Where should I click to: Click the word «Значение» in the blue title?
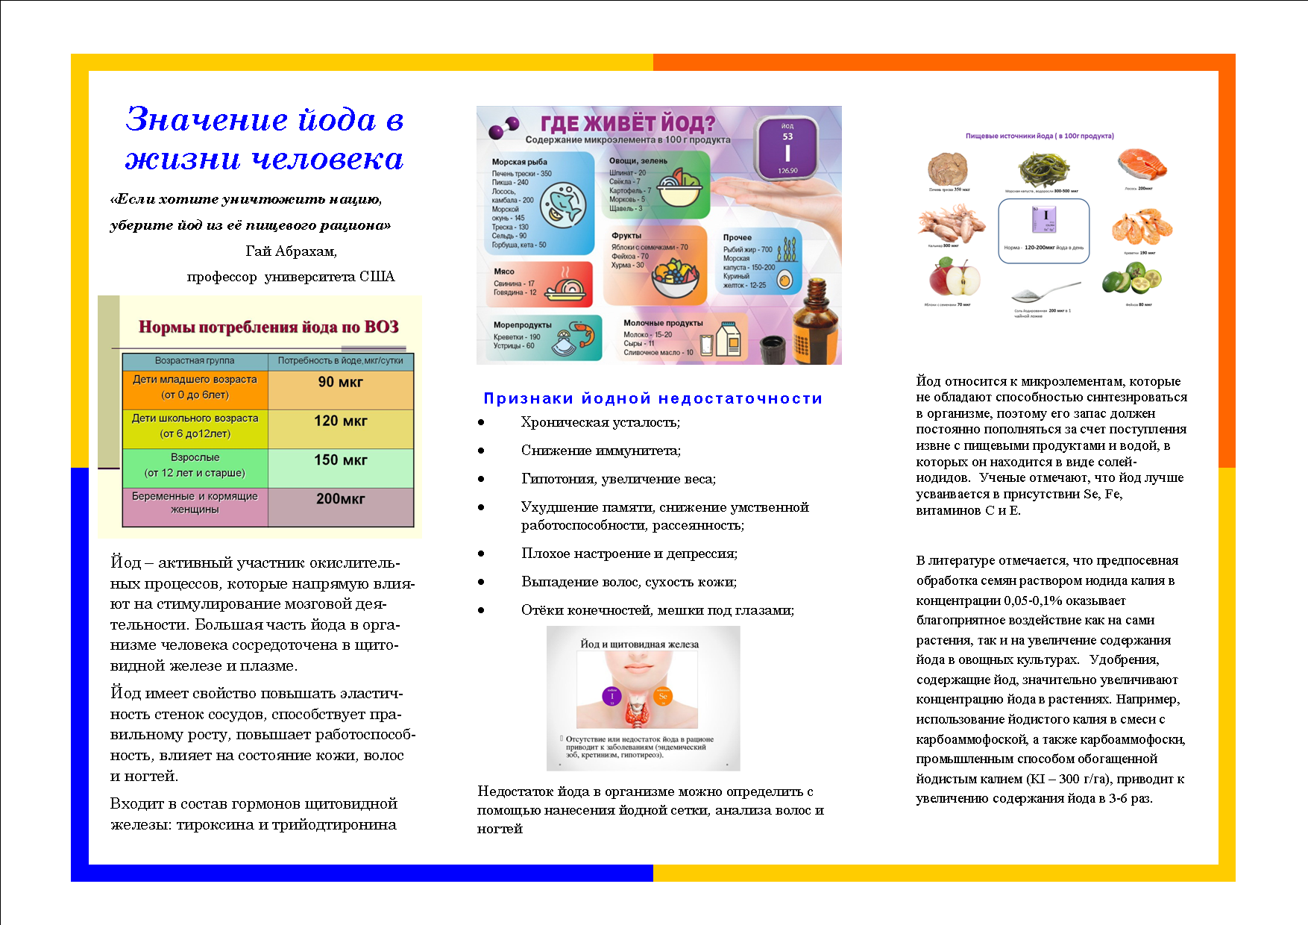pos(207,119)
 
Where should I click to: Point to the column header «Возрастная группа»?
pos(195,361)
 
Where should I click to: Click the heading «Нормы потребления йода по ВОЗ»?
pos(268,327)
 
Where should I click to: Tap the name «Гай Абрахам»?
pos(291,251)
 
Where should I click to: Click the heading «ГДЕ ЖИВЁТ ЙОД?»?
pos(627,123)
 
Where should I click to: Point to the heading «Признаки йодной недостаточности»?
pos(653,398)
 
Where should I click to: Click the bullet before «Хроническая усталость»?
pos(482,423)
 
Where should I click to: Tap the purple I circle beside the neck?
pos(611,696)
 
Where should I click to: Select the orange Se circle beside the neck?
pos(662,696)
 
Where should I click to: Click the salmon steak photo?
pos(1142,165)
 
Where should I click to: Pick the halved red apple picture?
pos(954,278)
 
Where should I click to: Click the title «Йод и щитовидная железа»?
pos(640,645)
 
